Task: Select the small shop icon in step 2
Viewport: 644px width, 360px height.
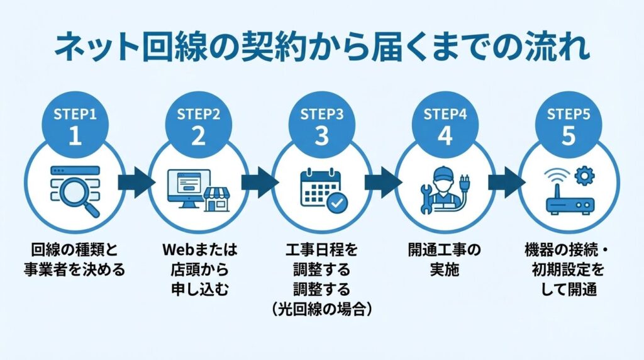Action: [216, 200]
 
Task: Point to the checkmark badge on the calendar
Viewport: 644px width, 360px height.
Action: [335, 202]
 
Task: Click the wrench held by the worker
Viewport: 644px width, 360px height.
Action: [426, 196]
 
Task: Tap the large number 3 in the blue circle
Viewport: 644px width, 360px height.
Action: [321, 136]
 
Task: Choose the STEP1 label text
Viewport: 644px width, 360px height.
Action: [75, 114]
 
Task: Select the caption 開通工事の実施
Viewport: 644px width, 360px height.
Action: [445, 260]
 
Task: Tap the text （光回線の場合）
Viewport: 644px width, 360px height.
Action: [321, 308]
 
